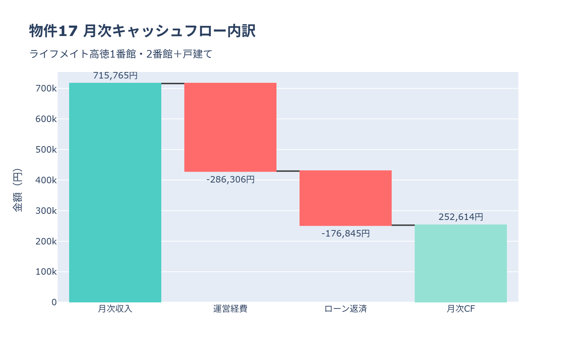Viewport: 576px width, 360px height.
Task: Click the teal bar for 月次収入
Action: pos(115,193)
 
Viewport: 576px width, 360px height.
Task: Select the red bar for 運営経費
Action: pos(230,127)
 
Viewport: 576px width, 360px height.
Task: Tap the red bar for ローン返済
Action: pos(346,198)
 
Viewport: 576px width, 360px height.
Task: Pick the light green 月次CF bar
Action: pos(461,264)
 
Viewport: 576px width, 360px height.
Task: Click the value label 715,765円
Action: pos(115,76)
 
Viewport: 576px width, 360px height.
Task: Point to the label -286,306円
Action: pos(230,179)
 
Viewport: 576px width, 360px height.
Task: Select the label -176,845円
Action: pos(346,233)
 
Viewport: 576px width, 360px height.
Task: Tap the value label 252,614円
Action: pos(461,217)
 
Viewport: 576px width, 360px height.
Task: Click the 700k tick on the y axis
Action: pos(46,88)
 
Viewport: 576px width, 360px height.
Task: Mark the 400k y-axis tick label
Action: pos(46,180)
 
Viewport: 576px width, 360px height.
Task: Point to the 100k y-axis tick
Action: pos(46,272)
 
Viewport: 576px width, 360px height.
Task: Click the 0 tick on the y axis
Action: pos(54,302)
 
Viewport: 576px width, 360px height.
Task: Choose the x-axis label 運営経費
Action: pos(230,309)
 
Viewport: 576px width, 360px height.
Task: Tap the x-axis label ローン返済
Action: pos(346,309)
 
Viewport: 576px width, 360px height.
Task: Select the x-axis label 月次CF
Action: pos(461,309)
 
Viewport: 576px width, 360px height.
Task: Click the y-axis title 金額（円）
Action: pos(17,190)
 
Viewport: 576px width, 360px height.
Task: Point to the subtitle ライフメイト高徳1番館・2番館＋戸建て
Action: pos(121,54)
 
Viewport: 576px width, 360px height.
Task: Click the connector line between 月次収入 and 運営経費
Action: pos(173,84)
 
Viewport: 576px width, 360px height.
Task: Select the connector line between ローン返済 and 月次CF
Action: pos(403,225)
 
